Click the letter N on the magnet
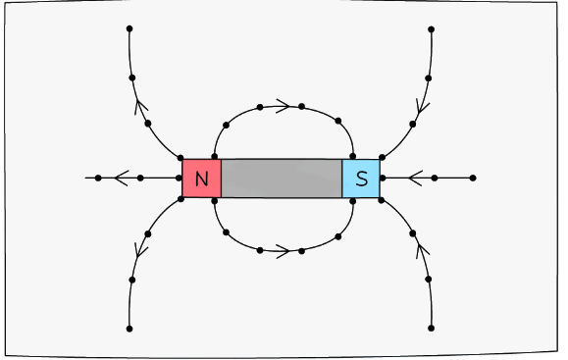point(201,179)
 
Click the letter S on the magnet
point(361,179)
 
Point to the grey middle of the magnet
point(282,179)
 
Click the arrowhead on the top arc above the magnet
point(283,105)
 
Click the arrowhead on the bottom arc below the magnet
point(283,251)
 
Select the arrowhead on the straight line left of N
point(121,179)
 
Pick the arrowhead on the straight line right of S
point(415,179)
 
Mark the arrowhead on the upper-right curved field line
point(423,104)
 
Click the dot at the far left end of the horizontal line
point(98,179)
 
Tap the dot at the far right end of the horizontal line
point(473,179)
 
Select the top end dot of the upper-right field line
point(431,29)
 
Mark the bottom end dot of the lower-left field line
point(129,329)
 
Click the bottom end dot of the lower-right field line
point(431,329)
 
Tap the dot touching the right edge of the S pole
point(382,179)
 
